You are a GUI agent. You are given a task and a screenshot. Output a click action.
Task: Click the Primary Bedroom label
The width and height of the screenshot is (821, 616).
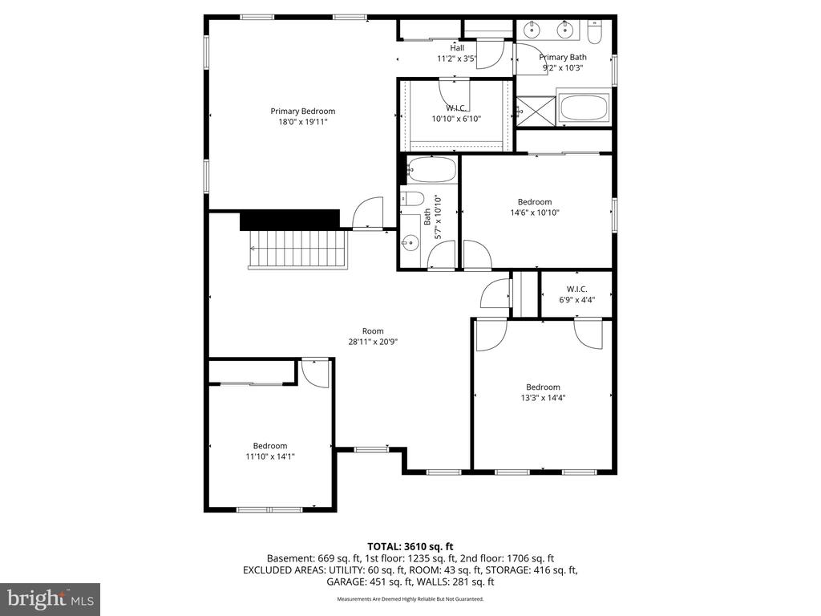point(302,111)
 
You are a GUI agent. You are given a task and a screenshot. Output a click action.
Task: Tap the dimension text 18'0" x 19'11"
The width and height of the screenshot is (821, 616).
point(302,122)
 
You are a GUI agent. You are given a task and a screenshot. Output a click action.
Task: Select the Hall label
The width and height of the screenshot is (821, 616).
point(456,48)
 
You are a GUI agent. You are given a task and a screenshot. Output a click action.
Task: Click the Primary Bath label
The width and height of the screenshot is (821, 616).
point(563,57)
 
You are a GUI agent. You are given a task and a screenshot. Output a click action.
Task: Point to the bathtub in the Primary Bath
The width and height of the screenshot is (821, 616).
point(583,107)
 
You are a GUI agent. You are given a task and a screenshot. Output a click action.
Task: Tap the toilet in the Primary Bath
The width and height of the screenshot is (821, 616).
point(594,33)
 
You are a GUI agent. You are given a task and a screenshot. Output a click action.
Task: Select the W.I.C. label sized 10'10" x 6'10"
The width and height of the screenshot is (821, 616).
point(455,108)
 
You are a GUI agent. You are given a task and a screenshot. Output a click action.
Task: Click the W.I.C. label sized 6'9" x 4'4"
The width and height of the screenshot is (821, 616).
point(576,289)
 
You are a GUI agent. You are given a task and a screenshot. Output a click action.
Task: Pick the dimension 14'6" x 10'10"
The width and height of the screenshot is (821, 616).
point(534,213)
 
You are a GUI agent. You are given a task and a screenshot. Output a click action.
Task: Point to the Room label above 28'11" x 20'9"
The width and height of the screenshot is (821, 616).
point(373,330)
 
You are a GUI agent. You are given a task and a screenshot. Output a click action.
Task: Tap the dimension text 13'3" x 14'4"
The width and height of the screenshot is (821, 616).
point(543,397)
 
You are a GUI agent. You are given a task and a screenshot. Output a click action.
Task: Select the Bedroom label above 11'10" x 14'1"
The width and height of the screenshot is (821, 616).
point(270,446)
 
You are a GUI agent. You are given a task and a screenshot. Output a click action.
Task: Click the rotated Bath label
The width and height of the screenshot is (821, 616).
point(427,217)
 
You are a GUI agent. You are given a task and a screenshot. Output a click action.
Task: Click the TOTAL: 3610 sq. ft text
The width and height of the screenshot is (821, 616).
point(410,546)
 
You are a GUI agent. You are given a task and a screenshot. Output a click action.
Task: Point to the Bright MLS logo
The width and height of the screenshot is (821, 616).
point(50,598)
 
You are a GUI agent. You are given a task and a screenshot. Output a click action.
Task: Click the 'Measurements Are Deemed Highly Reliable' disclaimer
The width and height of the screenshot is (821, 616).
point(410,598)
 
